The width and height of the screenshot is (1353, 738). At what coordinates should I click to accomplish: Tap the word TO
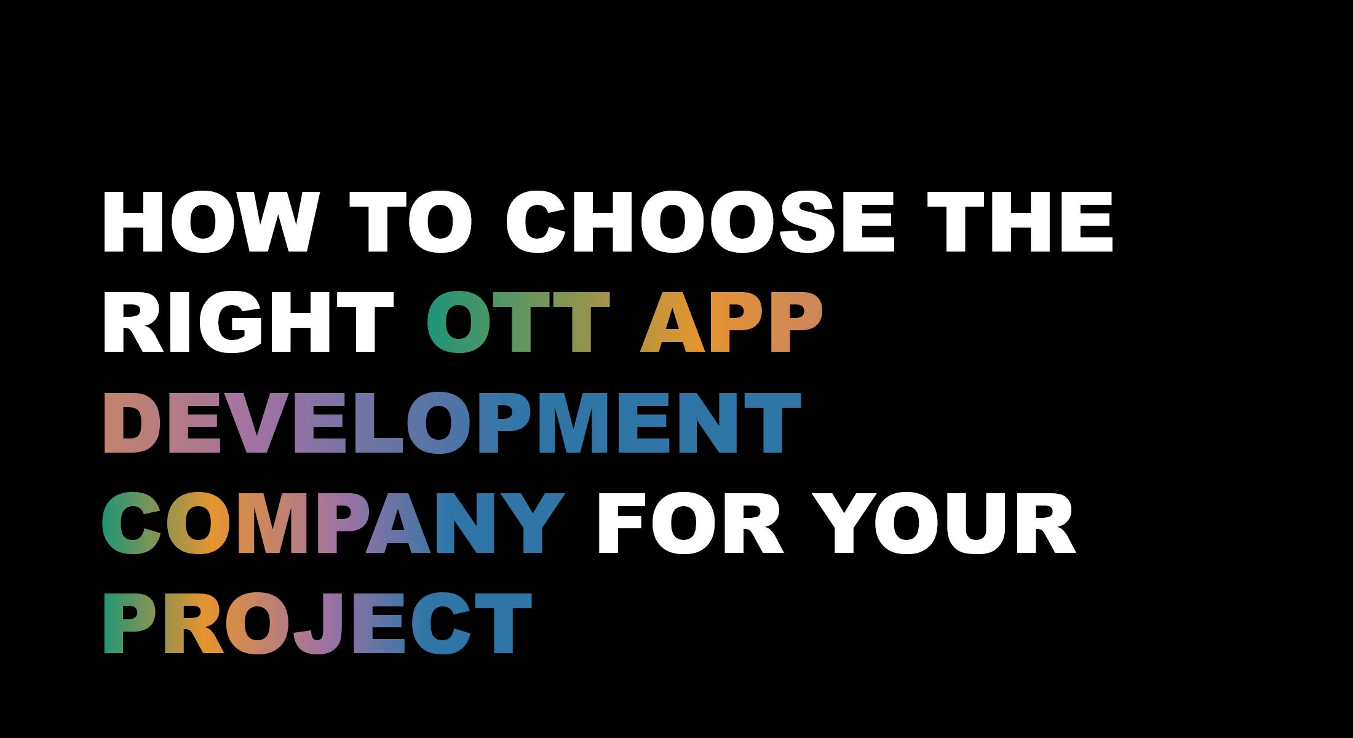point(411,221)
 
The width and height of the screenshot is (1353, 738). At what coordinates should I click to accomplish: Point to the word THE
point(1020,221)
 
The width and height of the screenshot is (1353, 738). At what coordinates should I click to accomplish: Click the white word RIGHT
point(248,322)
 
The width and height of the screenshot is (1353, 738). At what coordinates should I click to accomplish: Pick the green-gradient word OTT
point(518,322)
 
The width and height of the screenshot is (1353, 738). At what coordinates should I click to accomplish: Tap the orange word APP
point(731,322)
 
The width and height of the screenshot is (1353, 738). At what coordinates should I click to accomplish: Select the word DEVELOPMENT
point(452,423)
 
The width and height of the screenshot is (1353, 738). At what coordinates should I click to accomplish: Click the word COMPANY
point(333,523)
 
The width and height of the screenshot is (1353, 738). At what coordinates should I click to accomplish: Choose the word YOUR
point(944,523)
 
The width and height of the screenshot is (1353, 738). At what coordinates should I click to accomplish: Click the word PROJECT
point(317,623)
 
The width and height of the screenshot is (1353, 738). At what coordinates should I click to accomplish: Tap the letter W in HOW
point(280,221)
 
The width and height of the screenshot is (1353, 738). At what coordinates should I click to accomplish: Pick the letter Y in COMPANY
point(533,523)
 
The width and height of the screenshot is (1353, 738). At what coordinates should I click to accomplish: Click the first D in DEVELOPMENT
point(132,423)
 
